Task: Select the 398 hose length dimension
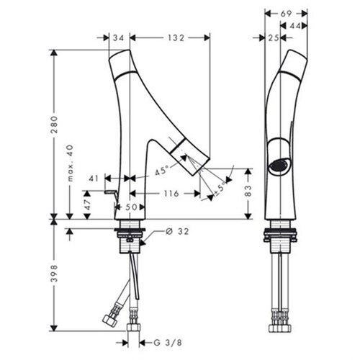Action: coord(55,274)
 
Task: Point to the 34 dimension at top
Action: coord(118,37)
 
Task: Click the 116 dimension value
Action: coord(171,193)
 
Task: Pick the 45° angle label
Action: coord(161,171)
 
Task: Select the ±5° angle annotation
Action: coord(219,189)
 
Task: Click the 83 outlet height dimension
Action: coord(248,191)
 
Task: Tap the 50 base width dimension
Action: coord(131,207)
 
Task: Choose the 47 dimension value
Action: coord(87,204)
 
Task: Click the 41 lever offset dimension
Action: coord(94,179)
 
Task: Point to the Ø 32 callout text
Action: coord(177,231)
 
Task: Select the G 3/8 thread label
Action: coord(168,343)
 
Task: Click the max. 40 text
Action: coord(71,163)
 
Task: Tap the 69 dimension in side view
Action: coord(286,14)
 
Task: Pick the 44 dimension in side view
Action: coord(295,26)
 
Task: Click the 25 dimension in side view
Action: coord(274,37)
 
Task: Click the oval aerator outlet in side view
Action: coord(278,165)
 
